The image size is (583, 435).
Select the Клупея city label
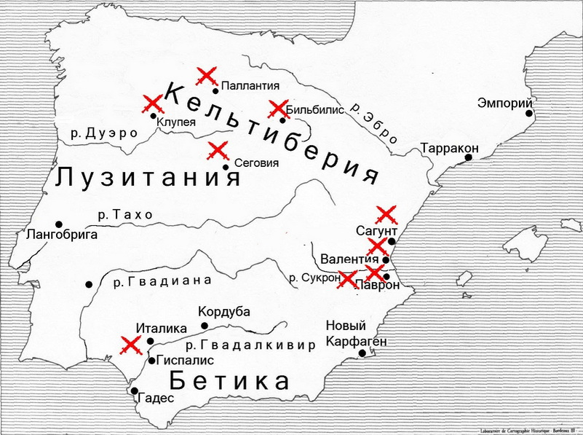(176, 122)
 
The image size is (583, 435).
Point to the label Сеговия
(255, 162)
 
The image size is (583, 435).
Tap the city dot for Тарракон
(472, 157)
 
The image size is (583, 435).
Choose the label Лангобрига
(62, 235)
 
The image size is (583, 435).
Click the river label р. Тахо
(126, 215)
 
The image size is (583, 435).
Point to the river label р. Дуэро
(105, 133)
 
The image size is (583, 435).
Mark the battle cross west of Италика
(131, 345)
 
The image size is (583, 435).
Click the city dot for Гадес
(135, 391)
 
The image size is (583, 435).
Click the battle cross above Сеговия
(218, 152)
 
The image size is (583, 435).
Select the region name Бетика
(229, 380)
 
